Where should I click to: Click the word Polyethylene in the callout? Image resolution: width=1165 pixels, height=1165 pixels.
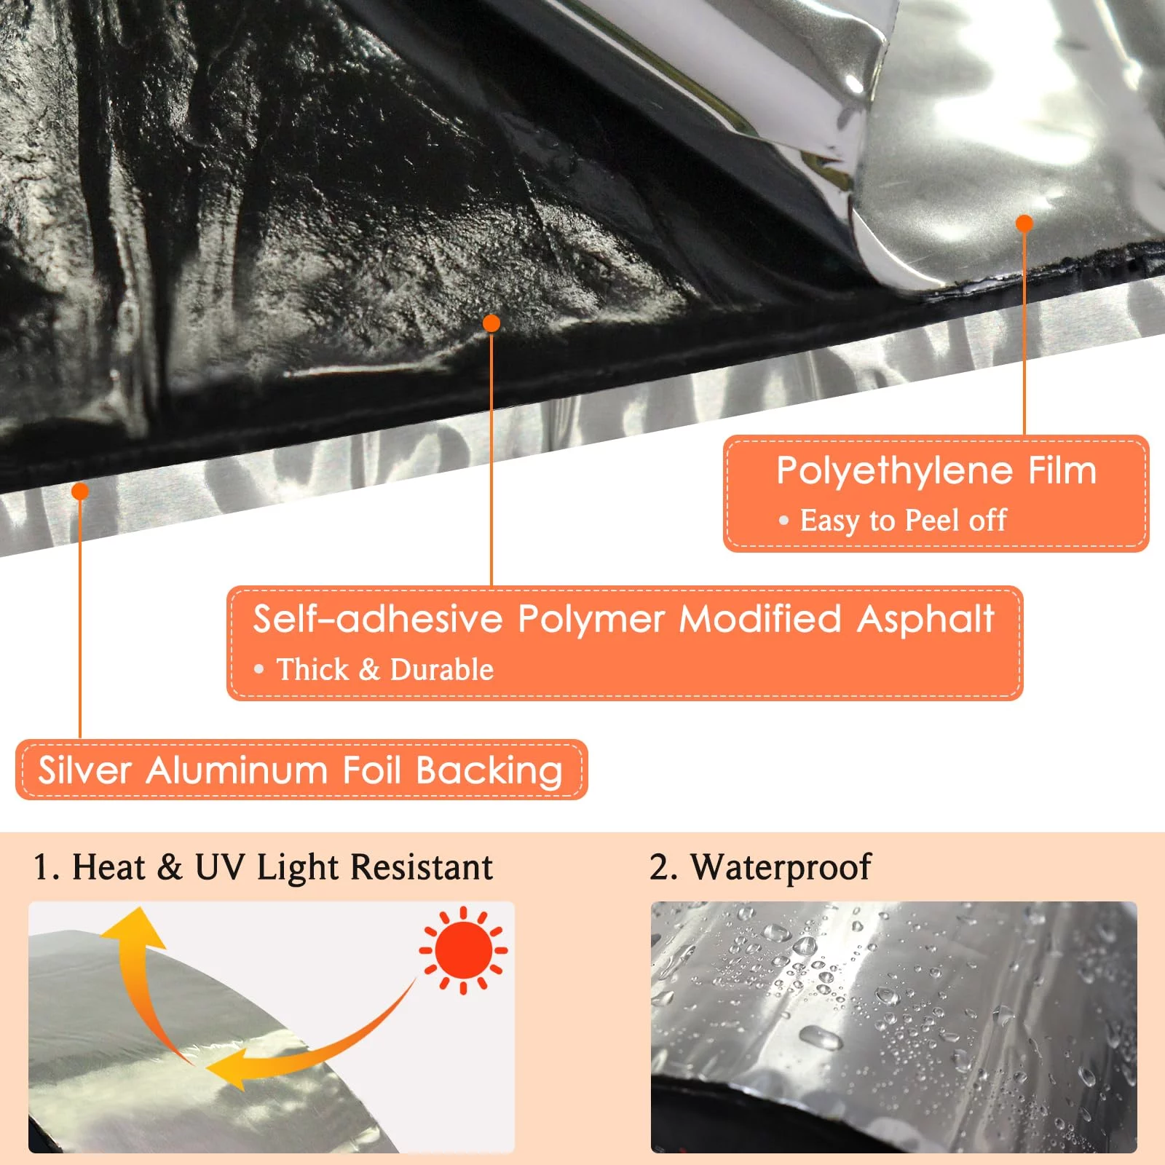[894, 472]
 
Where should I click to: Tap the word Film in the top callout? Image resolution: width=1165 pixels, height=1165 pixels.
[1062, 470]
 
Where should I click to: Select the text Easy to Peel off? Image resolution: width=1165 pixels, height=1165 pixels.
[903, 521]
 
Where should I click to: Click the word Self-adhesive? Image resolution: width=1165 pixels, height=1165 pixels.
[378, 619]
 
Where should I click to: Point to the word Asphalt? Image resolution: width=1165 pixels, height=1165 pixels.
[925, 620]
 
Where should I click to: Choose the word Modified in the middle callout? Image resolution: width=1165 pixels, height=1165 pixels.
[760, 619]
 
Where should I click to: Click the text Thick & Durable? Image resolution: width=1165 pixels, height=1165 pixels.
[385, 670]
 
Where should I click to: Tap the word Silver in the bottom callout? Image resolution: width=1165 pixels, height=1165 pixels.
[84, 770]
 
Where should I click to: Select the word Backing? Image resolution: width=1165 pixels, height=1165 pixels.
[489, 772]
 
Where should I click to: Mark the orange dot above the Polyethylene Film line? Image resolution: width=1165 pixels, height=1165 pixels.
[1024, 224]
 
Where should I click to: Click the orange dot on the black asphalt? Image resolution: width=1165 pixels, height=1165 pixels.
[491, 323]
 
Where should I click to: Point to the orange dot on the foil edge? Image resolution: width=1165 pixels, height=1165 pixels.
[80, 491]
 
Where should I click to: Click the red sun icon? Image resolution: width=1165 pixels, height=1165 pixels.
[463, 950]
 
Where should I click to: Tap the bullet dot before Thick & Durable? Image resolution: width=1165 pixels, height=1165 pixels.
[258, 669]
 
